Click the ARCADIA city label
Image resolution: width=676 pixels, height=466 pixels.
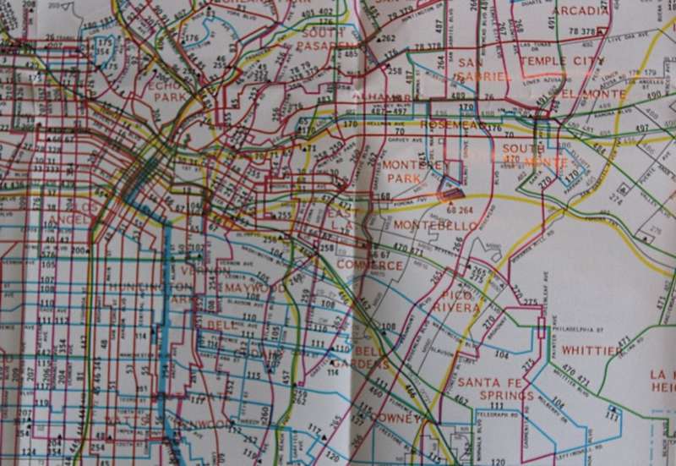click(581, 11)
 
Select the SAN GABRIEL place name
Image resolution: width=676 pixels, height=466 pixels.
click(482, 69)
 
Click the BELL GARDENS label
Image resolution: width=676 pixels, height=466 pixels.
click(371, 358)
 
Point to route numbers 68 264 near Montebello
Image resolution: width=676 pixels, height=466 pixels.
click(460, 211)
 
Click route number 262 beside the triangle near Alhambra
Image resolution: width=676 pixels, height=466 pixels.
click(388, 39)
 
